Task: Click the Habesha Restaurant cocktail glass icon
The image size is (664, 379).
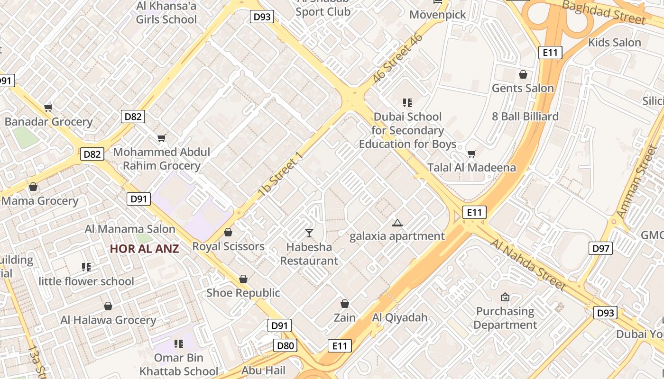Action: (x=309, y=233)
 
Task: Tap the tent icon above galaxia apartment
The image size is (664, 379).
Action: (x=397, y=223)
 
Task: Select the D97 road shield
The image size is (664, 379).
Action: (x=601, y=248)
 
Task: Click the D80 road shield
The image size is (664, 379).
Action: (x=286, y=345)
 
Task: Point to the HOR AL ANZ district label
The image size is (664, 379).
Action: (x=144, y=249)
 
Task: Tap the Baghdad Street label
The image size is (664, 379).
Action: (x=603, y=12)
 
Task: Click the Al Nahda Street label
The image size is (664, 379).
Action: (x=528, y=264)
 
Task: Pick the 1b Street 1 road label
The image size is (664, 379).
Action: (x=280, y=175)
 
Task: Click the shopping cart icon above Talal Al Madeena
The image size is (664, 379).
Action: (x=471, y=153)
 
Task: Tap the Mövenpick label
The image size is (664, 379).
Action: (x=438, y=15)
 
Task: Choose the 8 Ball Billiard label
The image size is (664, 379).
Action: (x=525, y=117)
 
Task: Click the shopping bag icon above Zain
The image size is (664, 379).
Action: (x=345, y=304)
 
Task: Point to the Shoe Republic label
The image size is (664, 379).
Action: (x=243, y=293)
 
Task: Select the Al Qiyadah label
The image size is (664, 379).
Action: (x=400, y=317)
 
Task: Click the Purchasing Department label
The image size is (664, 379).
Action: (x=505, y=318)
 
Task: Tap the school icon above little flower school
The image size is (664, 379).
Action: (x=86, y=268)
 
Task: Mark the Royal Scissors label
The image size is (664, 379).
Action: (x=228, y=246)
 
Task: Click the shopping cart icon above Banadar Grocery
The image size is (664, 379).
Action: (x=48, y=108)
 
